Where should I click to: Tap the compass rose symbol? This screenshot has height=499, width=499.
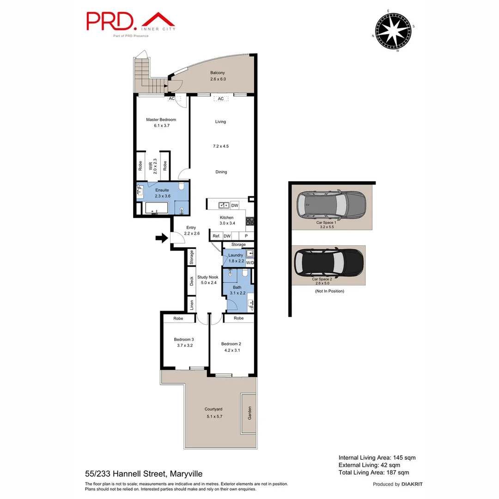point(393,31)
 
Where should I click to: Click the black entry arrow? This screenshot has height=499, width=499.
point(161,238)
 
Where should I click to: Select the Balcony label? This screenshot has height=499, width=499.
point(218,73)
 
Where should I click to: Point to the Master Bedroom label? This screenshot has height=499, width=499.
point(161,120)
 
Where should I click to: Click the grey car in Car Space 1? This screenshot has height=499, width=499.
point(331,204)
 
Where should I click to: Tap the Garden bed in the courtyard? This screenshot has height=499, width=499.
point(248,413)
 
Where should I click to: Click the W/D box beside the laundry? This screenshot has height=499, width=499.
point(250,263)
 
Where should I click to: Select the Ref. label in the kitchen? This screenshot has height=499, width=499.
point(216,236)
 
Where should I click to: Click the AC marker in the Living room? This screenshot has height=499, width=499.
point(220,99)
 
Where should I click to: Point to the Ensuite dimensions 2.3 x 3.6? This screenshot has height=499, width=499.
point(162,196)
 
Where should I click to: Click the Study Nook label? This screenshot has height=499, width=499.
point(207,277)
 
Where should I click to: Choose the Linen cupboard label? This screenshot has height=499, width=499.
point(191,305)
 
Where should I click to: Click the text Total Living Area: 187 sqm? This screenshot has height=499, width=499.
point(374,472)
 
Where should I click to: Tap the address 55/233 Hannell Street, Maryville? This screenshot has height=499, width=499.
point(144,474)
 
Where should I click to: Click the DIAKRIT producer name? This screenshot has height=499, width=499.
point(412,484)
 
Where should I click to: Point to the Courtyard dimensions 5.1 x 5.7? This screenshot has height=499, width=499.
point(214,416)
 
